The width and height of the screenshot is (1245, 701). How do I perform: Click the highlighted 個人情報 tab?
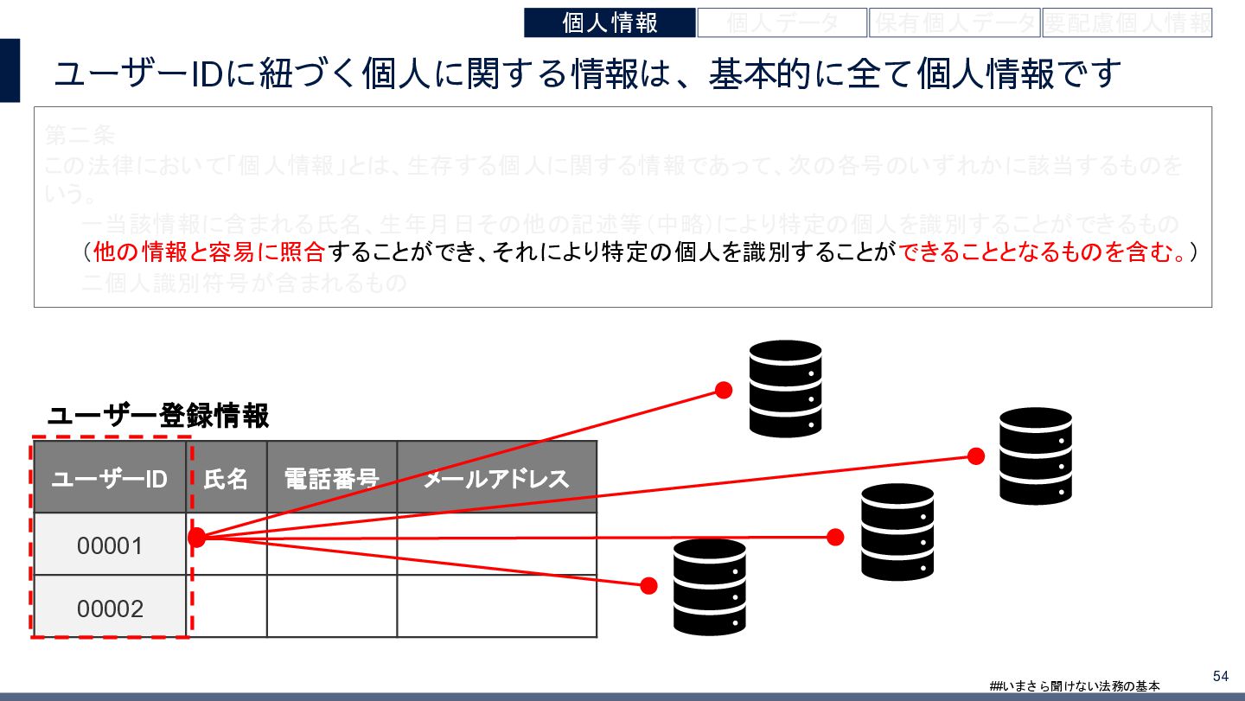point(610,22)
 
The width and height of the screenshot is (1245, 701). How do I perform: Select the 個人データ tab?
point(782,22)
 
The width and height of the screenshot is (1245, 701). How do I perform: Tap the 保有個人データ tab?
point(954,22)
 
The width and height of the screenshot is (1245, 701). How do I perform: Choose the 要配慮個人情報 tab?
point(1127,22)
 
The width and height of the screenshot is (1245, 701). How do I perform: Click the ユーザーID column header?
point(110,478)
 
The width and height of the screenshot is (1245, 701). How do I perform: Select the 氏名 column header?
point(227,478)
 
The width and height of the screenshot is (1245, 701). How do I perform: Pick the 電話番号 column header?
point(332,478)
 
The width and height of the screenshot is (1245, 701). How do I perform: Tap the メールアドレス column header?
point(496,478)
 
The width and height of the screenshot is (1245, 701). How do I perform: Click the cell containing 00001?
point(110,545)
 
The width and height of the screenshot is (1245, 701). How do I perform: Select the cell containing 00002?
point(110,609)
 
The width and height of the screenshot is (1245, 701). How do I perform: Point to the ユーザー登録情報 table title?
point(158,417)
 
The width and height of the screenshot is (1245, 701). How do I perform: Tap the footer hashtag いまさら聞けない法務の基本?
point(1075,685)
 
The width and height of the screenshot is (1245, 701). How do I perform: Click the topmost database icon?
point(785,388)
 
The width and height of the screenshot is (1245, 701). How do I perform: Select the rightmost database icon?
point(1036,456)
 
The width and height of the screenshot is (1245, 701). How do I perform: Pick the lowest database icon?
point(709,587)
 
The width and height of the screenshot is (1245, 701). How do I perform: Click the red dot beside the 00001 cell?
point(197,538)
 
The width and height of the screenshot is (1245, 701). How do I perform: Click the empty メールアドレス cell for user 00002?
point(496,606)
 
